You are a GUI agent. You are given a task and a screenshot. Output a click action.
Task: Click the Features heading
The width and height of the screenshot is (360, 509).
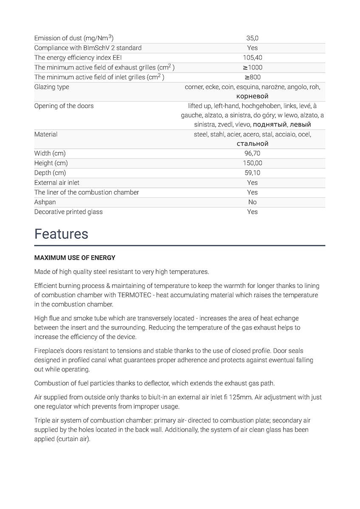tap(61, 234)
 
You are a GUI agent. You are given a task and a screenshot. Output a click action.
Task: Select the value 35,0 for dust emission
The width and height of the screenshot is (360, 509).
tap(252, 38)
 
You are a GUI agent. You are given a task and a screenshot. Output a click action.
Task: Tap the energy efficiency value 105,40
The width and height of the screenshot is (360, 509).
tap(252, 58)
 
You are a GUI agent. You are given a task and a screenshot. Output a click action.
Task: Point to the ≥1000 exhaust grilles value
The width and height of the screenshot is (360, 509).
tap(252, 67)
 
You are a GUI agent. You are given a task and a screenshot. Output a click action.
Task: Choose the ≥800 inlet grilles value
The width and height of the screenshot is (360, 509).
tap(252, 77)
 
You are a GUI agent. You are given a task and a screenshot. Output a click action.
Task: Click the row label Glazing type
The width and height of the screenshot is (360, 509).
tap(51, 87)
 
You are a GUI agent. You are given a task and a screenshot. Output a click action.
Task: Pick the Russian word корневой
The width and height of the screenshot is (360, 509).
tap(252, 96)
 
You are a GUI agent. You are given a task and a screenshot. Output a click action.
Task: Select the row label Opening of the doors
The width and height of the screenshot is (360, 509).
tap(64, 106)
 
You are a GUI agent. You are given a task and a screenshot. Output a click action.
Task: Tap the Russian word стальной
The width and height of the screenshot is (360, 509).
tap(252, 143)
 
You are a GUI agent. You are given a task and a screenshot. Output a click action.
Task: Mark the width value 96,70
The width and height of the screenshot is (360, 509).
tap(252, 153)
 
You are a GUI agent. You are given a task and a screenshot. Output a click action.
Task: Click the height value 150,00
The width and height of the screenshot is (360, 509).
tap(252, 163)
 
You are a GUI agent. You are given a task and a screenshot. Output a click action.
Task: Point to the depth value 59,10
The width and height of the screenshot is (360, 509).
tap(252, 173)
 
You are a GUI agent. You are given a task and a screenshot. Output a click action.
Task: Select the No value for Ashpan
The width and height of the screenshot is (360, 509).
tap(252, 202)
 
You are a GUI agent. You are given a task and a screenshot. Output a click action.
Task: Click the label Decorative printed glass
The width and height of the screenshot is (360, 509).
tap(68, 212)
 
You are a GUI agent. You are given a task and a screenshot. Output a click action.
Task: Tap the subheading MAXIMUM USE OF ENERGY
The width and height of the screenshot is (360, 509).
tap(75, 258)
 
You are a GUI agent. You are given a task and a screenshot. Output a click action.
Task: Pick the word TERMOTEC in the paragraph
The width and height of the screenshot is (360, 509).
tap(137, 295)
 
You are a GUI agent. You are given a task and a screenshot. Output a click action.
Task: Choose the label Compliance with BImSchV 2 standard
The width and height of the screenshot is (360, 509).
tap(88, 48)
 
